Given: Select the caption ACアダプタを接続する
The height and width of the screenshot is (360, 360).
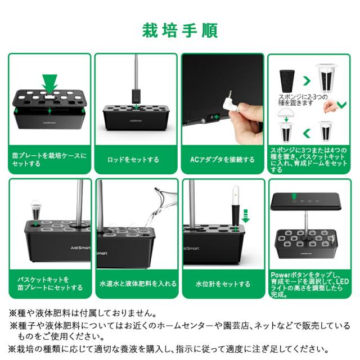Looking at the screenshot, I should tap(222, 160).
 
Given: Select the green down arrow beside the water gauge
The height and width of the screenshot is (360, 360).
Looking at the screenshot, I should tap(246, 214).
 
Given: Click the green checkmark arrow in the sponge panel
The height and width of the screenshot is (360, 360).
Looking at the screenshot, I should tap(340, 104).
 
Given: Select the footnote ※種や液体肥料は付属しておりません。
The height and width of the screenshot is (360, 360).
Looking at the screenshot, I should tap(90, 313).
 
